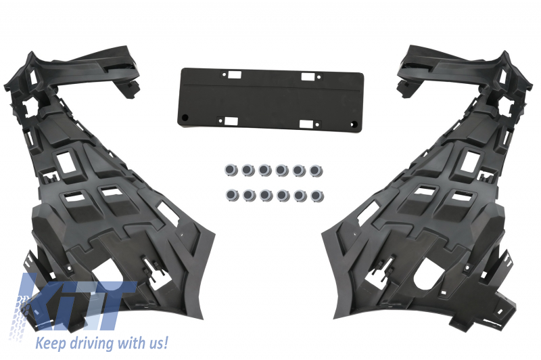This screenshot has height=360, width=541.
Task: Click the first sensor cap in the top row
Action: (x=231, y=170)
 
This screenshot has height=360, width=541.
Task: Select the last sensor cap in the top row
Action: (x=316, y=171)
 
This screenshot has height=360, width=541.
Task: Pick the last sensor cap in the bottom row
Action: (x=316, y=196)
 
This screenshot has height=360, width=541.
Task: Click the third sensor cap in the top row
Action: (x=265, y=170)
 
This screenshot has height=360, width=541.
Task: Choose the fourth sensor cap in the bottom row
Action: (x=283, y=196)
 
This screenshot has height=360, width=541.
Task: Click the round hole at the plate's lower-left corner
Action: (x=185, y=117)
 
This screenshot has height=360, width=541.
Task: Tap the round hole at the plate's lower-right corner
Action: (x=352, y=125)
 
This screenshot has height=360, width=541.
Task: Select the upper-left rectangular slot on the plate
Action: (x=233, y=74)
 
